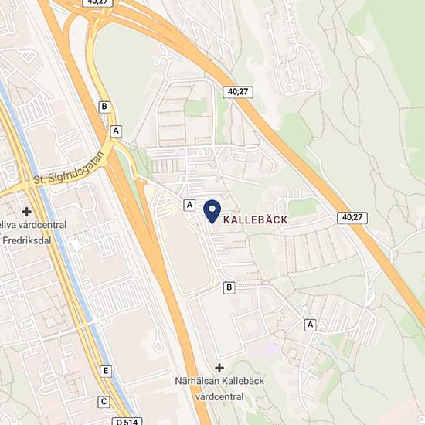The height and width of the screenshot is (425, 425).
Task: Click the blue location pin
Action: (x=212, y=210)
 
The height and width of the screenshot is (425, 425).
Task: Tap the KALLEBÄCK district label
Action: (x=255, y=220)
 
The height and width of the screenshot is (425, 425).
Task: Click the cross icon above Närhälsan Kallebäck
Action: (x=219, y=368)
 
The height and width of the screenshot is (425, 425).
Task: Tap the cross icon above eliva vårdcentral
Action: (x=26, y=211)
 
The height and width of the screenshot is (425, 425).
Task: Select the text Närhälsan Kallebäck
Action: (x=219, y=383)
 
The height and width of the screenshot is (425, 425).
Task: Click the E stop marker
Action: (x=105, y=372)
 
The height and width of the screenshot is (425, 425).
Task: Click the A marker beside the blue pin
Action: (x=189, y=205)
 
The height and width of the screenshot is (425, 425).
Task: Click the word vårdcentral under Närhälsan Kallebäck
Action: (x=219, y=397)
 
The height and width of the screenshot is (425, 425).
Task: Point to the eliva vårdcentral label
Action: (x=34, y=225)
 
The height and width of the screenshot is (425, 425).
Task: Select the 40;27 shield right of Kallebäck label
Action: (x=351, y=219)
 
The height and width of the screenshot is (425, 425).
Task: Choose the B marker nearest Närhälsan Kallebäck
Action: (x=229, y=287)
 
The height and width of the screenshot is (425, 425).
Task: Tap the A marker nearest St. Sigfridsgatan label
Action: (x=116, y=131)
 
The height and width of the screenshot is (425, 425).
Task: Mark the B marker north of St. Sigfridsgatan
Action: (x=105, y=107)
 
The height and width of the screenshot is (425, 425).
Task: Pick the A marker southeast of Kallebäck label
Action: (x=311, y=325)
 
